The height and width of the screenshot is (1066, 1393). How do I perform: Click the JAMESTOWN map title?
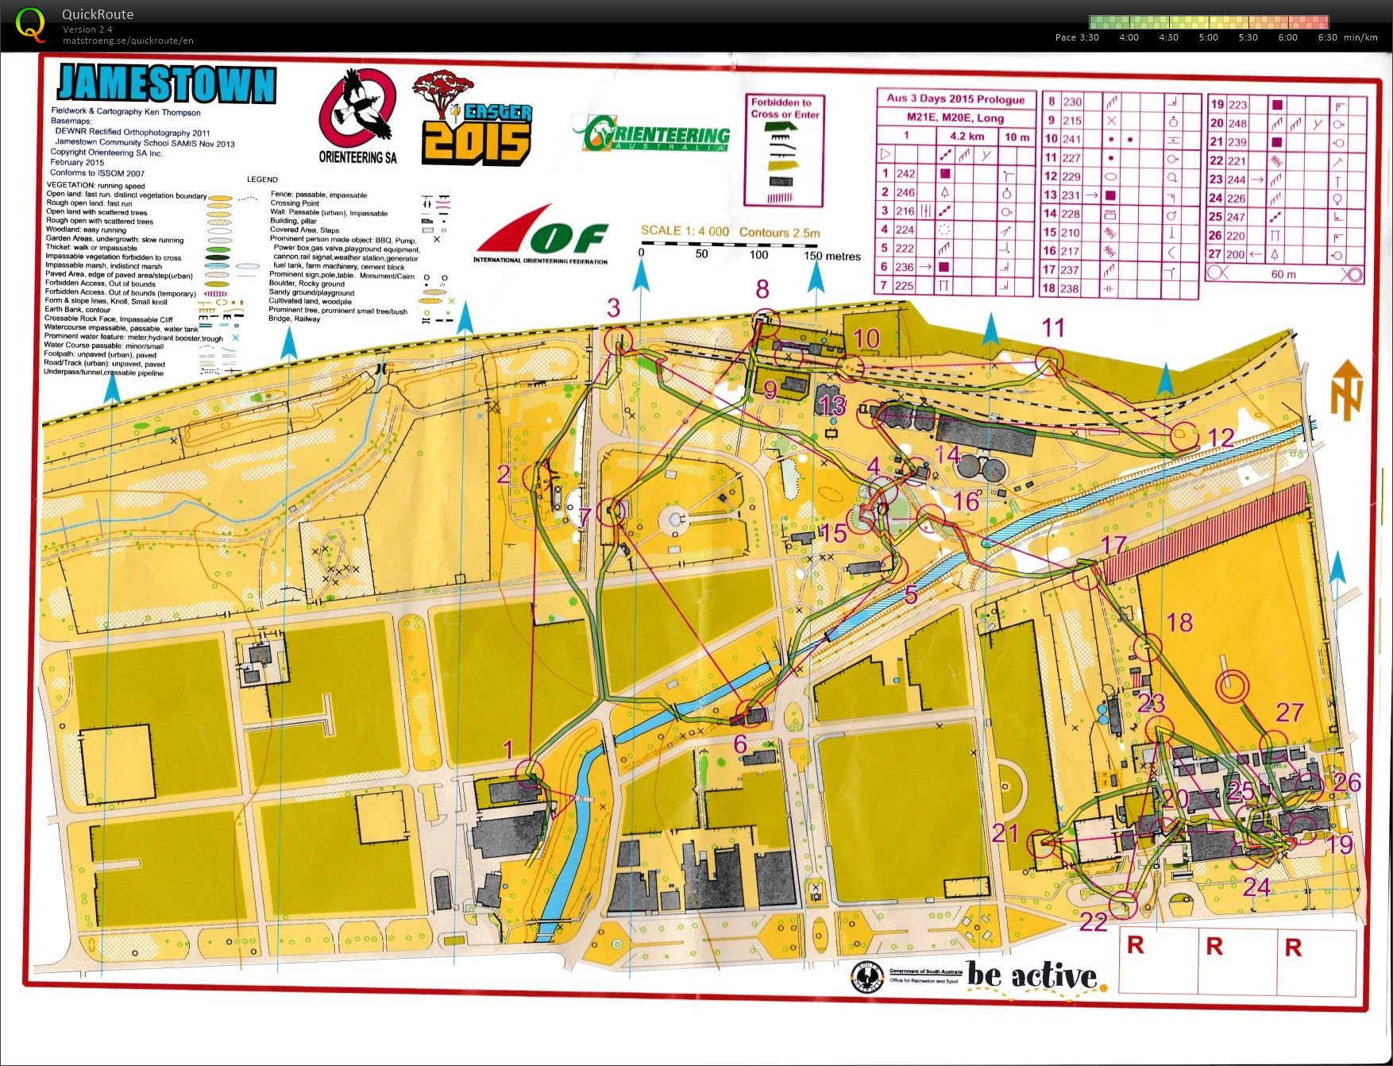click(167, 83)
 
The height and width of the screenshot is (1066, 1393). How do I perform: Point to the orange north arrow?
click(1347, 389)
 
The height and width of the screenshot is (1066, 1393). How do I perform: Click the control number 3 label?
click(613, 308)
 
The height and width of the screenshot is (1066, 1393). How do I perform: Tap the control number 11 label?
click(1053, 327)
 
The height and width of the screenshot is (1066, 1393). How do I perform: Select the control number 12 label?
click(1221, 438)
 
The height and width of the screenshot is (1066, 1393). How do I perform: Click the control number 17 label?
click(1113, 544)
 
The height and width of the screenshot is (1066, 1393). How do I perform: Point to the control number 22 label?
click(1093, 921)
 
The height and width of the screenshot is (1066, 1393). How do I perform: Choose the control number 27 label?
click(1290, 713)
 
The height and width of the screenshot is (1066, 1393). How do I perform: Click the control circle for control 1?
click(529, 771)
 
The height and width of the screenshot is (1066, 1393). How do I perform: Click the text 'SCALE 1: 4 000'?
click(685, 231)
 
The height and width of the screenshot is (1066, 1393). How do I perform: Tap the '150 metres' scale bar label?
click(832, 256)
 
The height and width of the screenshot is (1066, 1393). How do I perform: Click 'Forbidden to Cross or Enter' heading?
click(785, 108)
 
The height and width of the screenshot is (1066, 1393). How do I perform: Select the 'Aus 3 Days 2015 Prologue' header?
click(955, 98)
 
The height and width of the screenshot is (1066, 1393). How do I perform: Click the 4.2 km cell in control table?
click(967, 136)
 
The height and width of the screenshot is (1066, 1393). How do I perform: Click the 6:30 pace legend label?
click(1327, 37)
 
